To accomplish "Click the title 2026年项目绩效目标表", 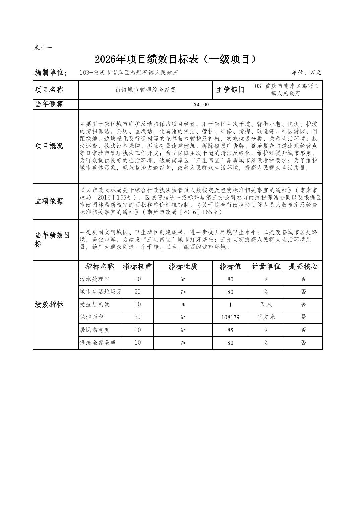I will tap(176, 59).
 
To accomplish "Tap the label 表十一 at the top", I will tap(43, 48).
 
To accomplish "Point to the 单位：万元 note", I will tap(306, 73).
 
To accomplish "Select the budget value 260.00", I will tap(200, 104).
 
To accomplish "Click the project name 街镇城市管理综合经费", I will tap(145, 90).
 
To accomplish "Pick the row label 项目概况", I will tap(49, 146).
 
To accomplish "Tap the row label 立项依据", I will tap(49, 201).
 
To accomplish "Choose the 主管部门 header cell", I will tap(230, 90).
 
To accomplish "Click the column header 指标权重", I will tap(137, 267).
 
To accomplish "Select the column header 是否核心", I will tap(303, 267).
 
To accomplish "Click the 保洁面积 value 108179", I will tap(230, 317).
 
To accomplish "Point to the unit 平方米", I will tap(266, 317).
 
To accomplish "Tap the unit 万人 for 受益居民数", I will tap(266, 304).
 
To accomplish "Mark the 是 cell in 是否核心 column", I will tap(303, 317).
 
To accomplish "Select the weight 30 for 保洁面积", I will tap(137, 317).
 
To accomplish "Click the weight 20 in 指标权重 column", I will tap(137, 292).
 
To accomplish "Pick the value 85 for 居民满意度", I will tap(230, 330).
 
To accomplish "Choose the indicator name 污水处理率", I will tap(95, 279).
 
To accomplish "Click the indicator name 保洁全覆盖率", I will tap(100, 343).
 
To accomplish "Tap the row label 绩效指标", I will tap(49, 304).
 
